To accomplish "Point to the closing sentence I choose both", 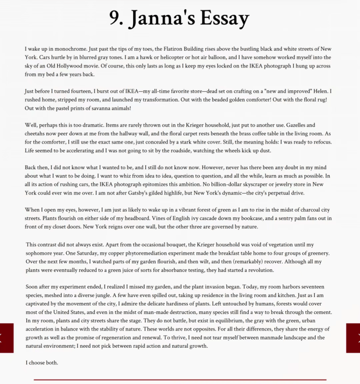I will (42, 363).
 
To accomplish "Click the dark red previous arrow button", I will (6, 338).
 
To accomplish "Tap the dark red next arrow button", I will (353, 338).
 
